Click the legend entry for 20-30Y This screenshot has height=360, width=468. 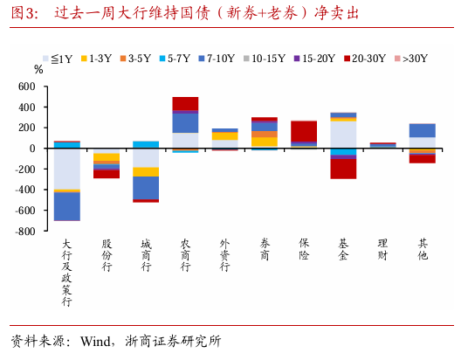point(366,59)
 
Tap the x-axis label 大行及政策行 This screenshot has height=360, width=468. point(66,272)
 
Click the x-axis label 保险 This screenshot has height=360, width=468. point(303,251)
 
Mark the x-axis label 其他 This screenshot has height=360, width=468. point(422,251)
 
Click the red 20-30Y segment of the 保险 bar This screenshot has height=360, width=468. point(303,130)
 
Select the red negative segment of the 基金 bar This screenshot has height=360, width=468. point(343,167)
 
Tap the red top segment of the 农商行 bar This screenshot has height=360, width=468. point(185,103)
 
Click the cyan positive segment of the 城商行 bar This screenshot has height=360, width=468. point(146,144)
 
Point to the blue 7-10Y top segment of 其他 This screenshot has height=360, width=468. point(422,130)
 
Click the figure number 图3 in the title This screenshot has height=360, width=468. point(24,15)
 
